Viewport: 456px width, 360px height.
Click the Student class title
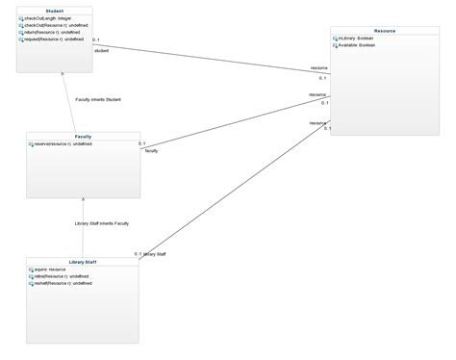55,10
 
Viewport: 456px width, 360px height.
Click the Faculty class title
83,136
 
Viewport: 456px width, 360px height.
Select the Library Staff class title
83,261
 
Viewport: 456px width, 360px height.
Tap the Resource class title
386,31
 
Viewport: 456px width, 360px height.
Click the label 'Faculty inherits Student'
98,99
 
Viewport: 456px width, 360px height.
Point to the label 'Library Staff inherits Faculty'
103,223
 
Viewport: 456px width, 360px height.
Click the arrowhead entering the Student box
63,73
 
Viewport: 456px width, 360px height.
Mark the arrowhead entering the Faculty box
84,197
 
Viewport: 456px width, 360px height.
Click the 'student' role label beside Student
101,50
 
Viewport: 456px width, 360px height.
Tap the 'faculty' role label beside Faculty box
151,151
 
